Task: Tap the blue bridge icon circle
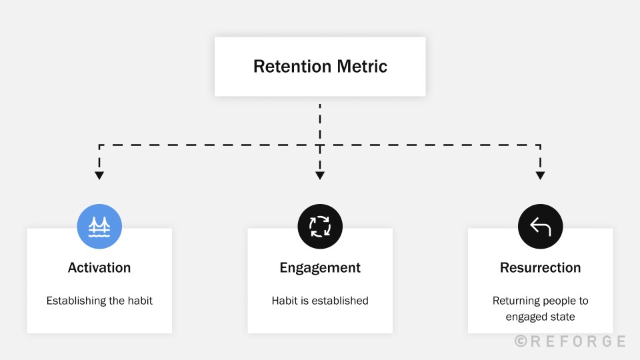click(99, 227)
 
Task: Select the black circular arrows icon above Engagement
click(320, 227)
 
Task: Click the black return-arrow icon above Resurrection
click(540, 227)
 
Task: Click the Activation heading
click(99, 268)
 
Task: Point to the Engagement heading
click(320, 268)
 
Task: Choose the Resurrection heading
click(540, 268)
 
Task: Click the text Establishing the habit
click(99, 301)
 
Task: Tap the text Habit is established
click(320, 301)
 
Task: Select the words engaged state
click(540, 317)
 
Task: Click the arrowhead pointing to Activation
click(99, 175)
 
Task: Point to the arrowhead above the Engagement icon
click(320, 175)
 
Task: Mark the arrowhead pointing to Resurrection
click(540, 175)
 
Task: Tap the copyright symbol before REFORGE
click(521, 341)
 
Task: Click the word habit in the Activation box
click(140, 301)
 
